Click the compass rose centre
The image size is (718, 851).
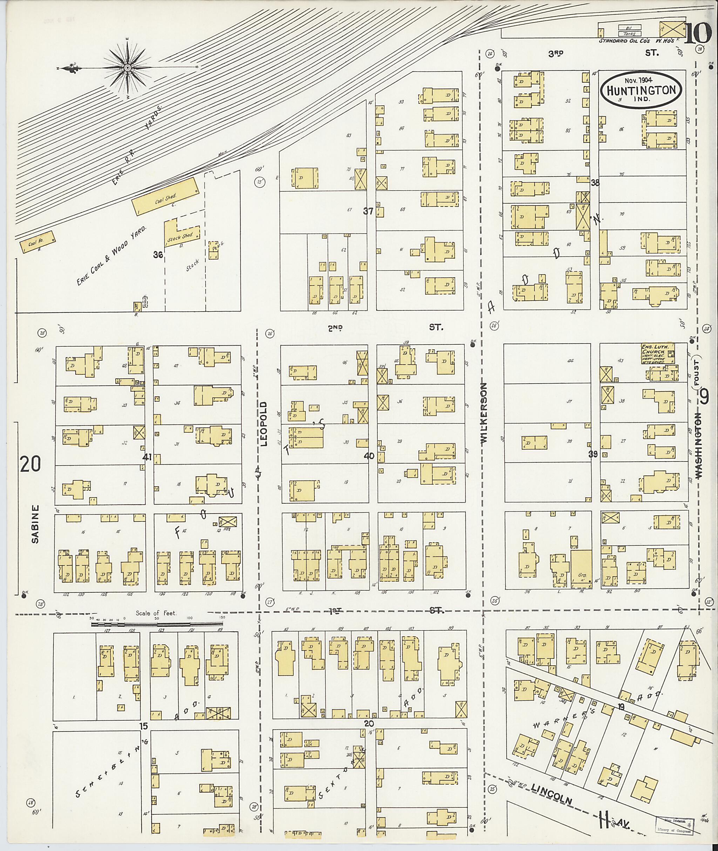(127, 67)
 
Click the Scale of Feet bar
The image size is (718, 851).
(157, 623)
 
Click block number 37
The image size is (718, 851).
(368, 211)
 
